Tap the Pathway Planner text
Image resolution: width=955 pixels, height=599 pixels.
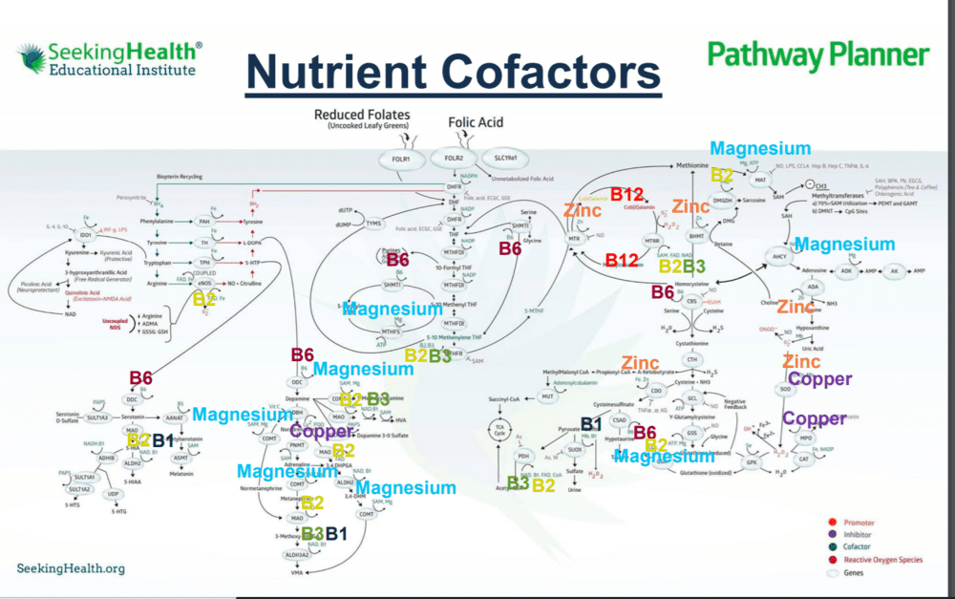click(x=817, y=54)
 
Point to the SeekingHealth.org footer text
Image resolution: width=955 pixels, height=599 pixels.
click(x=71, y=568)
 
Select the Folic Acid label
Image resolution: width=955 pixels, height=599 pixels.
click(x=476, y=123)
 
